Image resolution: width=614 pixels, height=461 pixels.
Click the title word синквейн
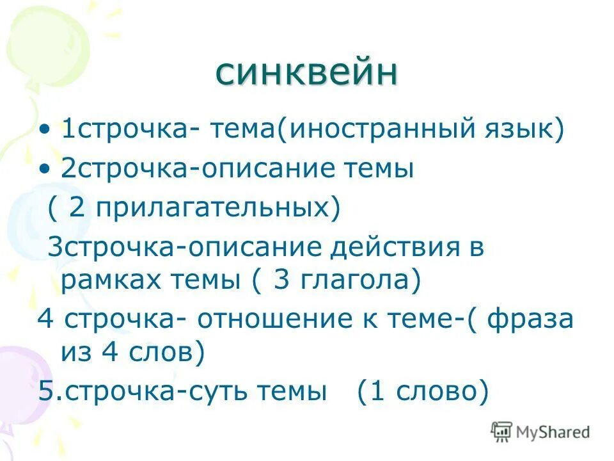(x=306, y=73)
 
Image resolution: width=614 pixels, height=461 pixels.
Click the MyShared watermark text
(x=553, y=432)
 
